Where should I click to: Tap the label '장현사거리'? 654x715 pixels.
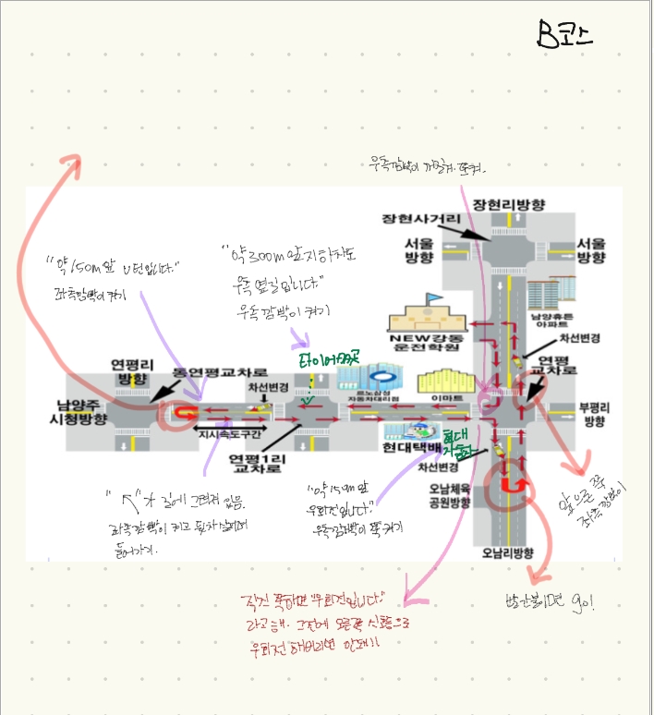421,219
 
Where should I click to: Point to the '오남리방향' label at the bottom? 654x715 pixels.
507,552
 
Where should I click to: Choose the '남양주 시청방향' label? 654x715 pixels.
81,412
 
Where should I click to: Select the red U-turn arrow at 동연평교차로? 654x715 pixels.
187,412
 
